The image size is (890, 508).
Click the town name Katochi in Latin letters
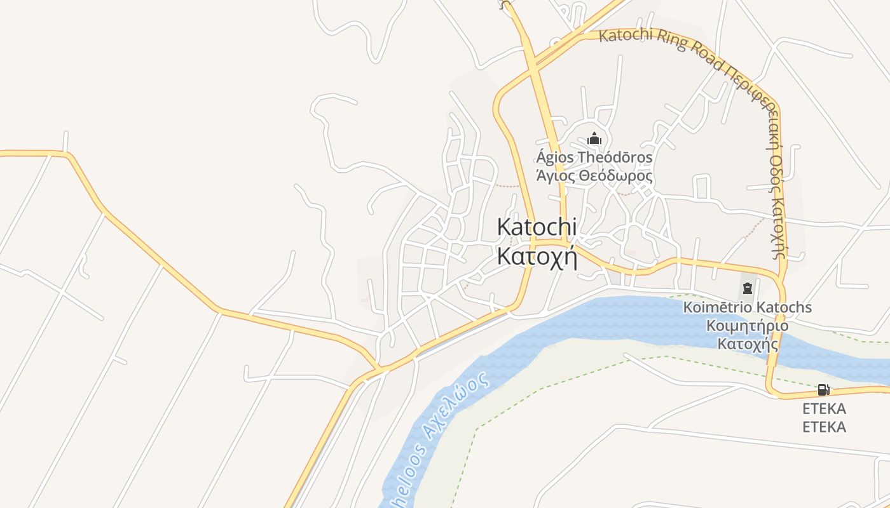pos(537,227)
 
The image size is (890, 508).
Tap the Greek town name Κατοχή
pos(537,257)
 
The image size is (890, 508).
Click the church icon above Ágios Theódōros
pos(594,138)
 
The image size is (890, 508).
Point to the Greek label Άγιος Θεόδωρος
pos(594,176)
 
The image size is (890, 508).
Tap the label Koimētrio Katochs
pos(747,308)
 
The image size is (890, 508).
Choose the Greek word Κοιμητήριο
pos(748,326)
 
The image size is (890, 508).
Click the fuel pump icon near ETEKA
pos(823,390)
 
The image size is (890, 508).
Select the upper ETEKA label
pos(824,408)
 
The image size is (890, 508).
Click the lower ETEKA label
pos(824,427)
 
